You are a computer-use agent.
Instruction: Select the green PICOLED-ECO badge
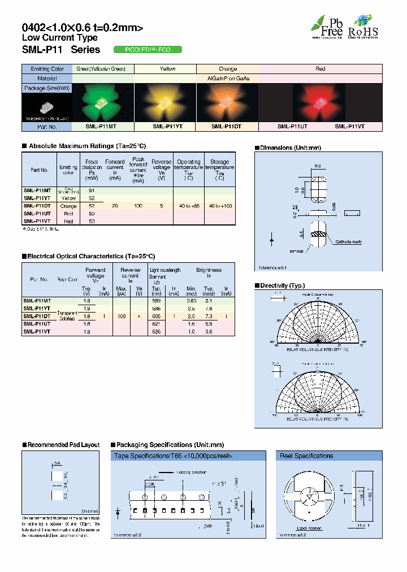pyautogui.click(x=148, y=50)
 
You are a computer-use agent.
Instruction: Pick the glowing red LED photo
pyautogui.click(x=320, y=102)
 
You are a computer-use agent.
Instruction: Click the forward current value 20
pyautogui.click(x=115, y=206)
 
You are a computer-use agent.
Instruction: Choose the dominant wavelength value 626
pyautogui.click(x=157, y=332)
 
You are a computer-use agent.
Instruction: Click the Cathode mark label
pyautogui.click(x=348, y=242)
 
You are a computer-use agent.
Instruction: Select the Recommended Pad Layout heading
pyautogui.click(x=63, y=445)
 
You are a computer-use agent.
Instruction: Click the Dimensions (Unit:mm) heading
pyautogui.click(x=289, y=148)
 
